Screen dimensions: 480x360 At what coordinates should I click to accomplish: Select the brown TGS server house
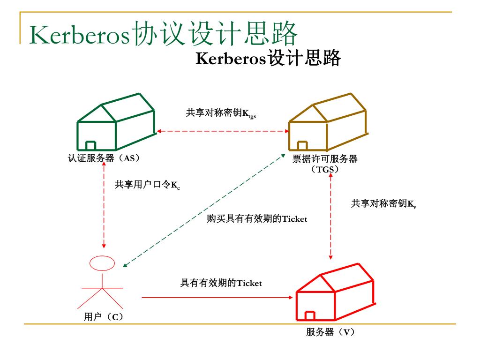tap(327, 123)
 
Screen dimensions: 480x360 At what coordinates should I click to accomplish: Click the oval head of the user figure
tap(102, 263)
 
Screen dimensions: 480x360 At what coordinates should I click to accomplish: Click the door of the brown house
tap(303, 146)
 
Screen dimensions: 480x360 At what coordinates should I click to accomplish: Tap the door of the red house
tap(310, 316)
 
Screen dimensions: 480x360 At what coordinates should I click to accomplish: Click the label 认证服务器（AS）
tap(104, 158)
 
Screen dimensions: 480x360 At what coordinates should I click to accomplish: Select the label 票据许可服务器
tap(325, 159)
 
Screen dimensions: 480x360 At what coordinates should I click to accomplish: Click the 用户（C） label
tap(104, 317)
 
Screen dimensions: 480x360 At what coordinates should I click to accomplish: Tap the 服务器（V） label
tap(330, 332)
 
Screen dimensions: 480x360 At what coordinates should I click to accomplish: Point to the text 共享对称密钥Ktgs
tap(221, 113)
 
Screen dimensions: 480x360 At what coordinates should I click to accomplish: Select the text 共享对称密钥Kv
tap(383, 204)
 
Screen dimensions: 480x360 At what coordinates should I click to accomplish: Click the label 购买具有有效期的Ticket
tap(257, 219)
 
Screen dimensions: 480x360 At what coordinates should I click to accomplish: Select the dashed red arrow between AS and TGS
tap(222, 131)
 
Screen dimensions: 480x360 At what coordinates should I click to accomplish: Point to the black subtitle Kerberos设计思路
tap(267, 59)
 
